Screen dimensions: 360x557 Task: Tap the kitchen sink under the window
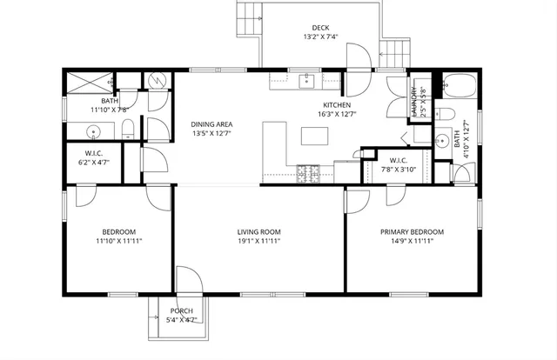[306, 82]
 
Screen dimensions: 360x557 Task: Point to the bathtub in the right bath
[458, 86]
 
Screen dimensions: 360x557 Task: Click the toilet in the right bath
[445, 113]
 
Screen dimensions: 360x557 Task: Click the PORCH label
[181, 310]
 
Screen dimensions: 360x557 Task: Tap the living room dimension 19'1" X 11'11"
[260, 241]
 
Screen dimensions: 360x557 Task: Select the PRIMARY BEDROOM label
[412, 231]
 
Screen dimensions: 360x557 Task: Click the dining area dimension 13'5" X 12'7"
[211, 134]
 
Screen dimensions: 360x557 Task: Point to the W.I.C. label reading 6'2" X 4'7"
[93, 162]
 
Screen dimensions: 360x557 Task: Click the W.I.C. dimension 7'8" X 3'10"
[399, 170]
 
